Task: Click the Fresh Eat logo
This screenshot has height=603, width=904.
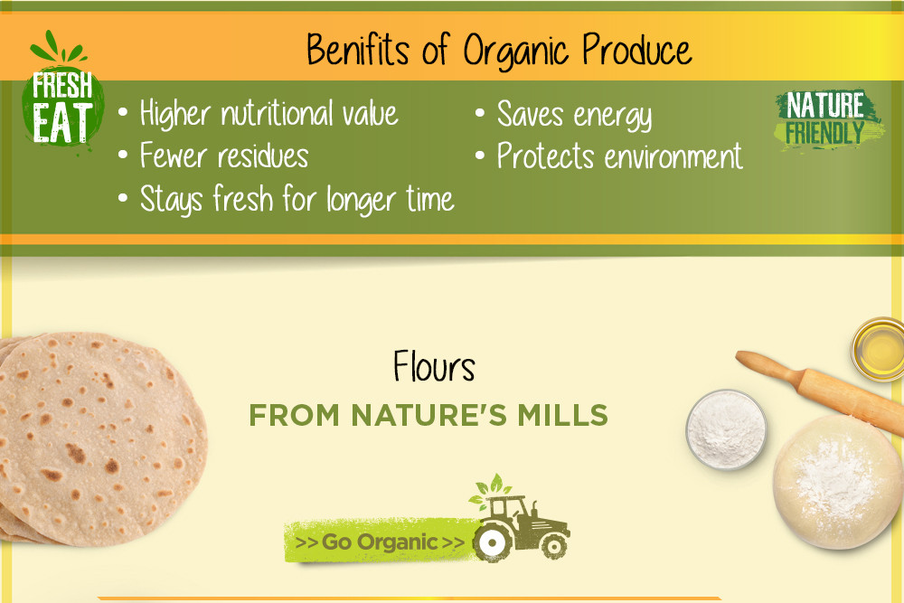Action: (62, 92)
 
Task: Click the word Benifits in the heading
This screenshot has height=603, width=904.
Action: (357, 50)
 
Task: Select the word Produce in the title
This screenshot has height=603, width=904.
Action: (636, 50)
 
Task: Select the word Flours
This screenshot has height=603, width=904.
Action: (434, 366)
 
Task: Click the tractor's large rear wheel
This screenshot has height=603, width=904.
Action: (493, 542)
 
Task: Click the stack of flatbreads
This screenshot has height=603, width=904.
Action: (101, 439)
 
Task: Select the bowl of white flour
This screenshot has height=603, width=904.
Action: (726, 429)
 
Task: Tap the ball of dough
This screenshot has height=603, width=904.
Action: (837, 482)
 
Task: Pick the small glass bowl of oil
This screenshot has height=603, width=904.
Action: (878, 349)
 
